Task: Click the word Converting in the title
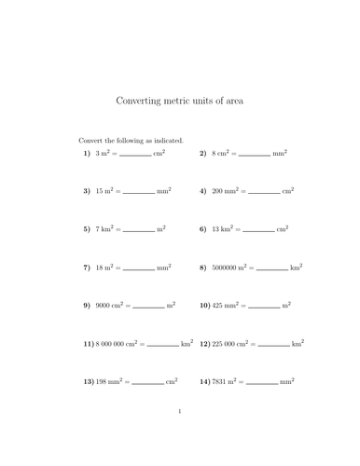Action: coord(139,101)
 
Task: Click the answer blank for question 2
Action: coord(255,154)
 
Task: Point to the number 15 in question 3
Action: coord(101,190)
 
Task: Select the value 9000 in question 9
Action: coord(105,305)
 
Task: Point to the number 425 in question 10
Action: coord(221,305)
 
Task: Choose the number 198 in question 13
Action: coord(104,381)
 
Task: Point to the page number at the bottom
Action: coord(179,435)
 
